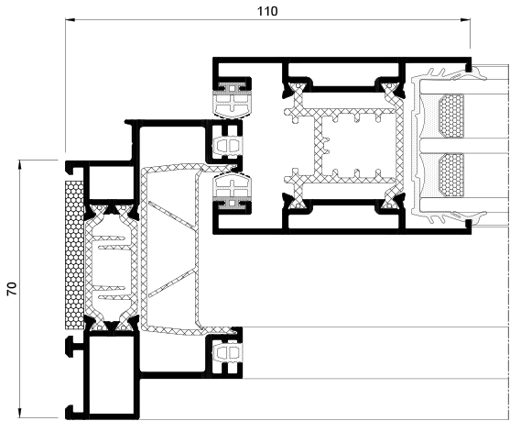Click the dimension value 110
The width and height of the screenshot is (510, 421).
[x=267, y=11]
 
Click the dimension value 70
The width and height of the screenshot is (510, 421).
[x=12, y=289]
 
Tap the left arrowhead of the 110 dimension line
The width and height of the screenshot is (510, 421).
[x=71, y=20]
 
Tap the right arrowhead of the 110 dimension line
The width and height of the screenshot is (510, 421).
[x=465, y=20]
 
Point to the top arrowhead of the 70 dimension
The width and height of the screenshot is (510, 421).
[x=20, y=164]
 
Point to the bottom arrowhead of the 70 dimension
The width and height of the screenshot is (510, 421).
[x=20, y=413]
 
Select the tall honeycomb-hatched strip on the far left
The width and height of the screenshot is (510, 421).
[x=74, y=254]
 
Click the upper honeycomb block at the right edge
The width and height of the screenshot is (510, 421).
[x=450, y=116]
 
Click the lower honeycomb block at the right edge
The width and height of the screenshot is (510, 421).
[x=450, y=175]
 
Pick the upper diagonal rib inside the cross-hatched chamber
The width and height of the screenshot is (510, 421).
[x=171, y=215]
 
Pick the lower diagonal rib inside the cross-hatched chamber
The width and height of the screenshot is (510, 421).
[x=171, y=283]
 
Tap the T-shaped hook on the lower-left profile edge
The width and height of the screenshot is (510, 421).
[x=74, y=348]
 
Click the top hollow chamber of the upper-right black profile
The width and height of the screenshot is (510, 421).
[x=343, y=75]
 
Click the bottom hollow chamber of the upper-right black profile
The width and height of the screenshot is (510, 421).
[x=343, y=216]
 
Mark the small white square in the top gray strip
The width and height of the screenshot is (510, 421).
[x=232, y=88]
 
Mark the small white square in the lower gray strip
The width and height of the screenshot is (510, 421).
[x=232, y=204]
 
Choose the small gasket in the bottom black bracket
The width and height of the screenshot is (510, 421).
[x=228, y=353]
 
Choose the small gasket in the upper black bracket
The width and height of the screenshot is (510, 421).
[x=228, y=144]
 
